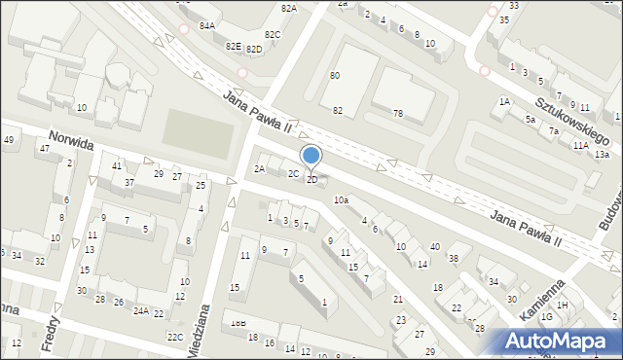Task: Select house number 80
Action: [335, 75]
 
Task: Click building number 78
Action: [397, 114]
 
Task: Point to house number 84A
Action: [206, 26]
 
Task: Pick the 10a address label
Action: [341, 199]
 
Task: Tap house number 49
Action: [9, 140]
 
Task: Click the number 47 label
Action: [44, 148]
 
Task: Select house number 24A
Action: [141, 311]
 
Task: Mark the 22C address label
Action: [174, 337]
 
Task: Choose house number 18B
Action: [238, 323]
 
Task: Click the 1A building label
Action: [504, 101]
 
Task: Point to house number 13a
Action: [602, 154]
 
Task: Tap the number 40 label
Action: [435, 247]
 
